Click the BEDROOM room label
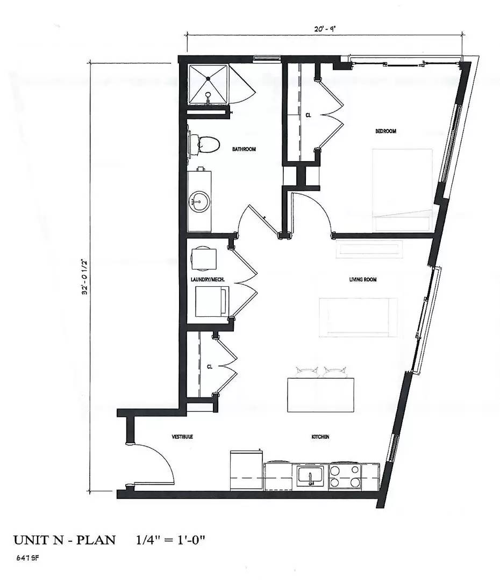click(386, 131)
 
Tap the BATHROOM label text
click(244, 149)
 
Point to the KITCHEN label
click(320, 437)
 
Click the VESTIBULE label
click(182, 437)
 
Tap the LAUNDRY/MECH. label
click(207, 279)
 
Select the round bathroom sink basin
click(198, 203)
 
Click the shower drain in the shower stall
click(208, 79)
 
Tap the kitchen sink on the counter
click(310, 476)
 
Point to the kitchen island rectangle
click(321, 395)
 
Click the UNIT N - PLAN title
click(64, 539)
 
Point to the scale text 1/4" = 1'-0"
click(170, 539)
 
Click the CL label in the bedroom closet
click(308, 115)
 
